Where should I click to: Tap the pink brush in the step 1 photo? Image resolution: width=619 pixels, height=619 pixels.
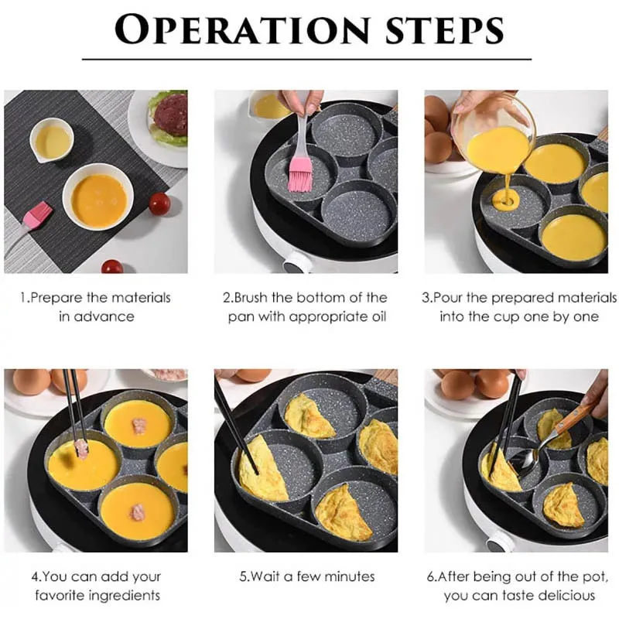36,214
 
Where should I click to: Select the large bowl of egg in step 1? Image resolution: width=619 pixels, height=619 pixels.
98,200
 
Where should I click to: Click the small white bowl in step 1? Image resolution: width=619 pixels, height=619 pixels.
51,140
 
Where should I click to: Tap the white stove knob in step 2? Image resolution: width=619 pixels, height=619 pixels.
297,262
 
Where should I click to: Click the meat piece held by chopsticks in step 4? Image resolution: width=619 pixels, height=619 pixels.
81,449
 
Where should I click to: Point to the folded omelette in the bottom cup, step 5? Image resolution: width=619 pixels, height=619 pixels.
341,512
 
